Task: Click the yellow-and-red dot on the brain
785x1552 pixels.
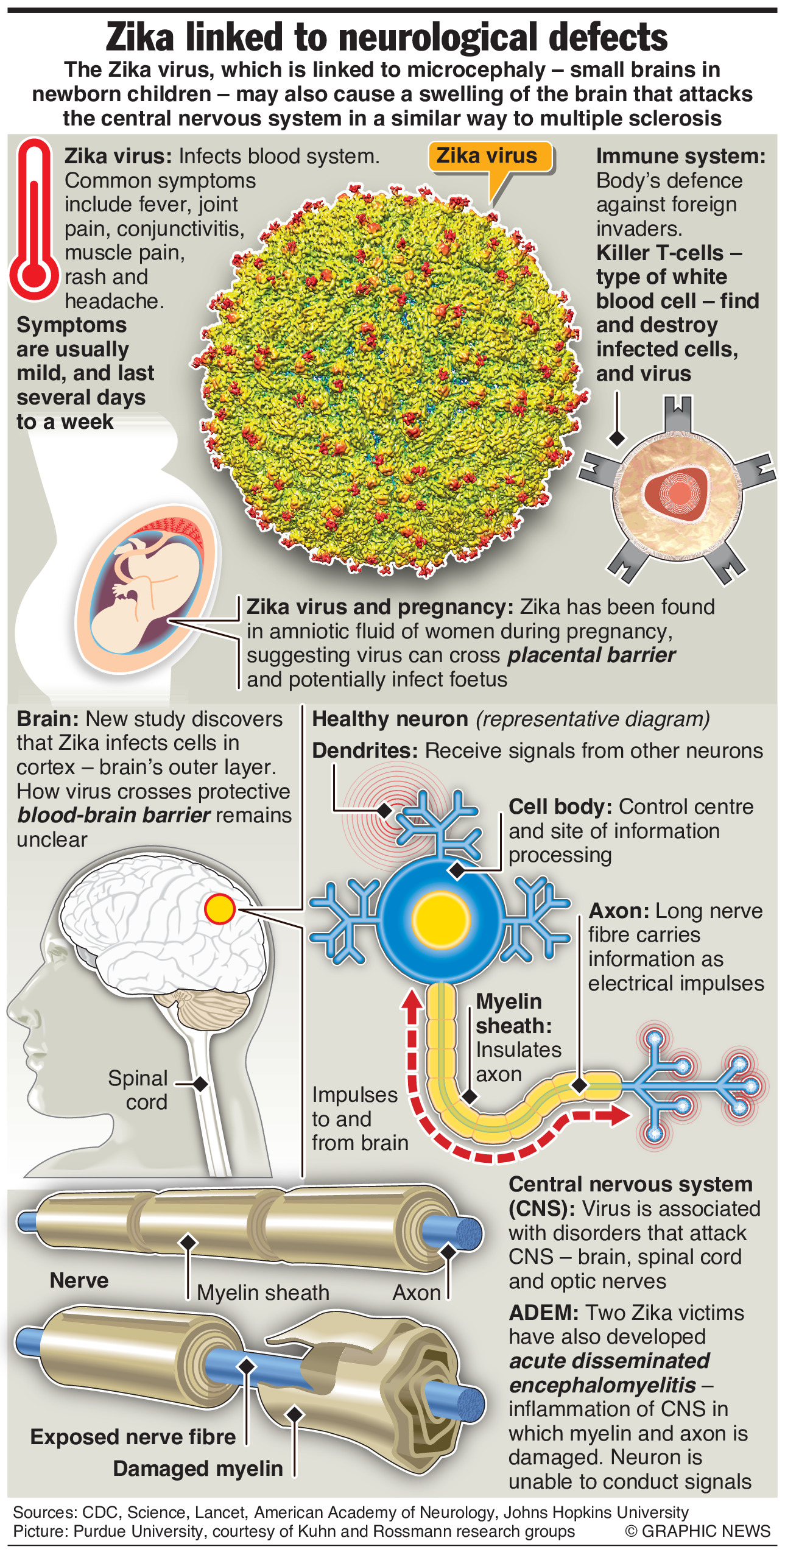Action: pos(219,909)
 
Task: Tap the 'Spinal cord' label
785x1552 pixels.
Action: pos(138,1090)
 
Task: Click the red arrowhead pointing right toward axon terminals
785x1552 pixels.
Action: pos(619,1115)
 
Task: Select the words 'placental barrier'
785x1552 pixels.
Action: pos(591,655)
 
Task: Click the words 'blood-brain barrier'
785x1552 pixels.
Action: pos(114,815)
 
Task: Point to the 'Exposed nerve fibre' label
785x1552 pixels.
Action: pos(133,1437)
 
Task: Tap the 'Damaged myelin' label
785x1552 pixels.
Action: pos(198,1469)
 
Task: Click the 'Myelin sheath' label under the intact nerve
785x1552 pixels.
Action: pos(263,1292)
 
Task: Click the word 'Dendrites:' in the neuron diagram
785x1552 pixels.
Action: pos(365,750)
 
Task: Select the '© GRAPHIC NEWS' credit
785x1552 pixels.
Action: pos(697,1531)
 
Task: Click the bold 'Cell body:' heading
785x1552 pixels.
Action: pos(560,806)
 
